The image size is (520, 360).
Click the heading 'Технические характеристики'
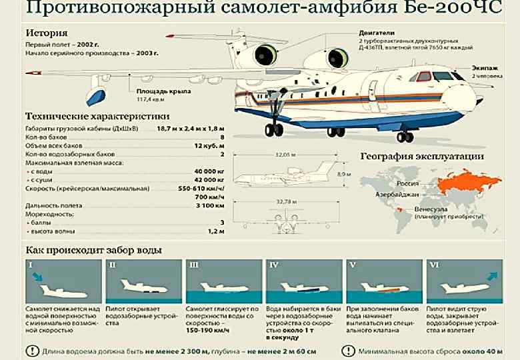point(97,115)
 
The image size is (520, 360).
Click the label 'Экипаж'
point(485,68)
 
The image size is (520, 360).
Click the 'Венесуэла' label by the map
point(432,209)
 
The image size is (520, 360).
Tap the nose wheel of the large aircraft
point(405,137)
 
